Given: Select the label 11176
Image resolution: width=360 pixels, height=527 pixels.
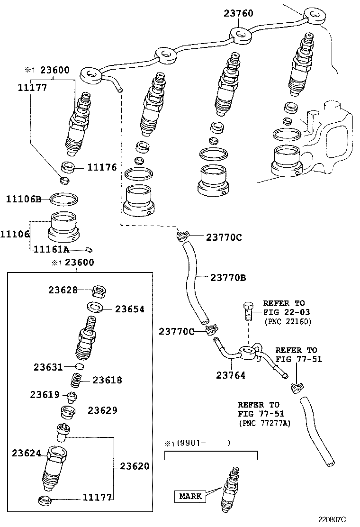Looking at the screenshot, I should point(101,168).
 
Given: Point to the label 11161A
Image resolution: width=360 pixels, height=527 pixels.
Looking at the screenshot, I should point(50,250).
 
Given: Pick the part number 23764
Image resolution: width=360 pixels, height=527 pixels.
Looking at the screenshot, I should point(231,375).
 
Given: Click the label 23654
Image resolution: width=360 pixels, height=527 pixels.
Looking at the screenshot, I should point(130,309).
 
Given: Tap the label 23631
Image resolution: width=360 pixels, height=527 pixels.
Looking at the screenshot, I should point(48,366).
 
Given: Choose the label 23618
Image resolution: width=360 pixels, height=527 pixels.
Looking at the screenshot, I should point(107,380).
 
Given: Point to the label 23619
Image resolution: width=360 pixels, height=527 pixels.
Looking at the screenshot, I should point(45,394).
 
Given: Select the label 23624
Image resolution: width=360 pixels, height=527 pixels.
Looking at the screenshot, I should point(27,453).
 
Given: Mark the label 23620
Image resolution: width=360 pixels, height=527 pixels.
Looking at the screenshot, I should point(134,466).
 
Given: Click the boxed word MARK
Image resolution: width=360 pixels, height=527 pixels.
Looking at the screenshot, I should point(190,496).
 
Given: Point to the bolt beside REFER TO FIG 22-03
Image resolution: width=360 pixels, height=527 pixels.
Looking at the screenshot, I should point(247,310).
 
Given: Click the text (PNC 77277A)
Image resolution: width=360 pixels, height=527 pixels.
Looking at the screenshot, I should point(265,423).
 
